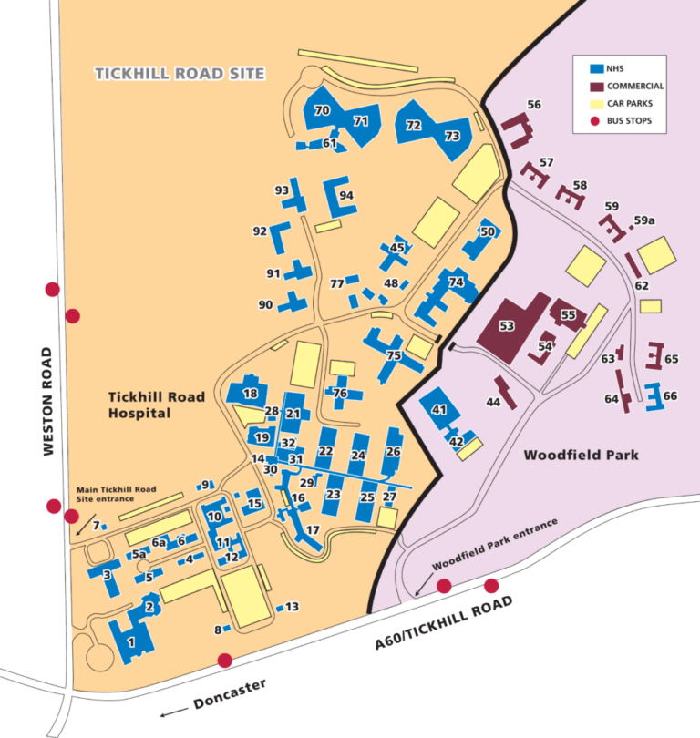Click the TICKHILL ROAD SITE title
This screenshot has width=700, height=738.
point(180,73)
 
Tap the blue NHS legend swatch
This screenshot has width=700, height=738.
point(598,68)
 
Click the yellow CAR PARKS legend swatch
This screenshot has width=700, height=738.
point(598,104)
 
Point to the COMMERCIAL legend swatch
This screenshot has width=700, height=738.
point(598,86)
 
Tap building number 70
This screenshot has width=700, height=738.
point(322,110)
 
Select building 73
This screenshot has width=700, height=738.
point(452,136)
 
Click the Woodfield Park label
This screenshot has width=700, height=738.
point(582,455)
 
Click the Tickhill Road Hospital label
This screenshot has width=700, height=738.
point(152,405)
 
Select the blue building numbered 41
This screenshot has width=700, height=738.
point(439,411)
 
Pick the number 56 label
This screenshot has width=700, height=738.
point(533,105)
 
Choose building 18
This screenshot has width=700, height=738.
point(250,393)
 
